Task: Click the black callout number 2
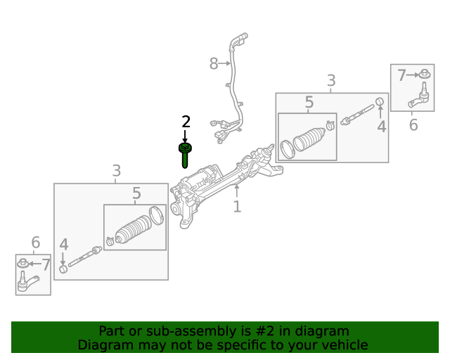[186, 122]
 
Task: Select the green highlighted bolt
[185, 153]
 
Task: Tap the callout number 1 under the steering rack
[237, 206]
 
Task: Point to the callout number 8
[214, 64]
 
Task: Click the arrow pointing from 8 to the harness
[226, 64]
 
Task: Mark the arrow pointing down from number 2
[186, 136]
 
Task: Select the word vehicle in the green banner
[344, 345]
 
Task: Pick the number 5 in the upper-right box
[309, 103]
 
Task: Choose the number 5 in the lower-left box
[136, 193]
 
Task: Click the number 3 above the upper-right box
[331, 82]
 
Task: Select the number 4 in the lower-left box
[64, 245]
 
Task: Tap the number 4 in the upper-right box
[381, 127]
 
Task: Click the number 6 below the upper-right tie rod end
[413, 125]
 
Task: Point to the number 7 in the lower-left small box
[46, 264]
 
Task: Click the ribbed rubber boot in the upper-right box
[309, 139]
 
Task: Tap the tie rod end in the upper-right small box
[420, 97]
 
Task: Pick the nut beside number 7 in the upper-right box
[425, 74]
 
